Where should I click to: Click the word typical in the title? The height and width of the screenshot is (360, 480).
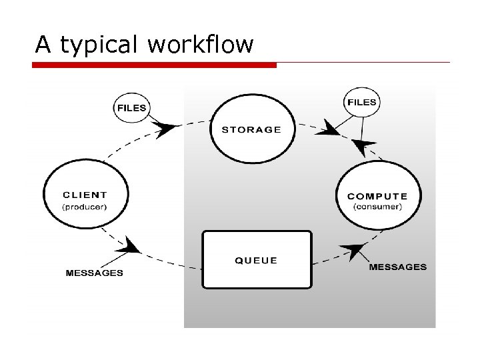(x=99, y=45)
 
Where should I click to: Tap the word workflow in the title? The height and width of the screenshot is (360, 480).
(x=201, y=45)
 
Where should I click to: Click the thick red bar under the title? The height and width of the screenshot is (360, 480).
(x=154, y=65)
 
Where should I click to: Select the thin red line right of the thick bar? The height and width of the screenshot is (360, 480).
(x=363, y=63)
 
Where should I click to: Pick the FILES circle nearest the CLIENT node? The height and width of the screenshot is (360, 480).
(x=131, y=107)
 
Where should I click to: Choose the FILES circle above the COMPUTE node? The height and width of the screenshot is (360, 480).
(x=361, y=103)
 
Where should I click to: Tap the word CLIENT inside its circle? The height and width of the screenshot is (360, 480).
(x=85, y=195)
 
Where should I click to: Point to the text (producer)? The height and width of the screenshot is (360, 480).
(x=85, y=207)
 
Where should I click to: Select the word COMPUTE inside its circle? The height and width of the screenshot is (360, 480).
(x=377, y=196)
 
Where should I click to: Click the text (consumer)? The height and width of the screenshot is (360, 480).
(x=377, y=207)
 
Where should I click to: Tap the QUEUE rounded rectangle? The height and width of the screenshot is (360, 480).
(x=257, y=259)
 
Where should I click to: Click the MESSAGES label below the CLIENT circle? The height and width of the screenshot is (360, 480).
(x=94, y=273)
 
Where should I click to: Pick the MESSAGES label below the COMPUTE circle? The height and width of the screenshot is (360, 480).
(x=397, y=267)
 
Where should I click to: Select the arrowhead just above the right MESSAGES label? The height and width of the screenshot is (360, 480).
(x=354, y=252)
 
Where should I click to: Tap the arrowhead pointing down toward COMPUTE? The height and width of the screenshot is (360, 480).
(x=363, y=146)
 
